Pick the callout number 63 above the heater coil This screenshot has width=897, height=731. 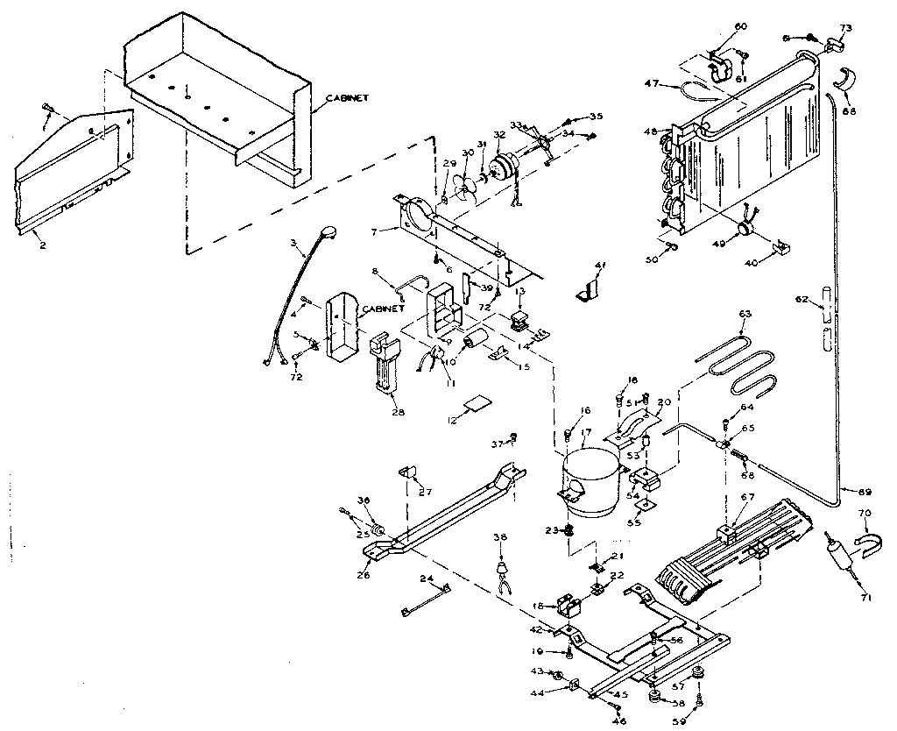click(x=745, y=314)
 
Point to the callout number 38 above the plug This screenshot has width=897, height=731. click(x=500, y=537)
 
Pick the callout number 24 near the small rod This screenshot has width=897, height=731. click(x=427, y=578)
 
